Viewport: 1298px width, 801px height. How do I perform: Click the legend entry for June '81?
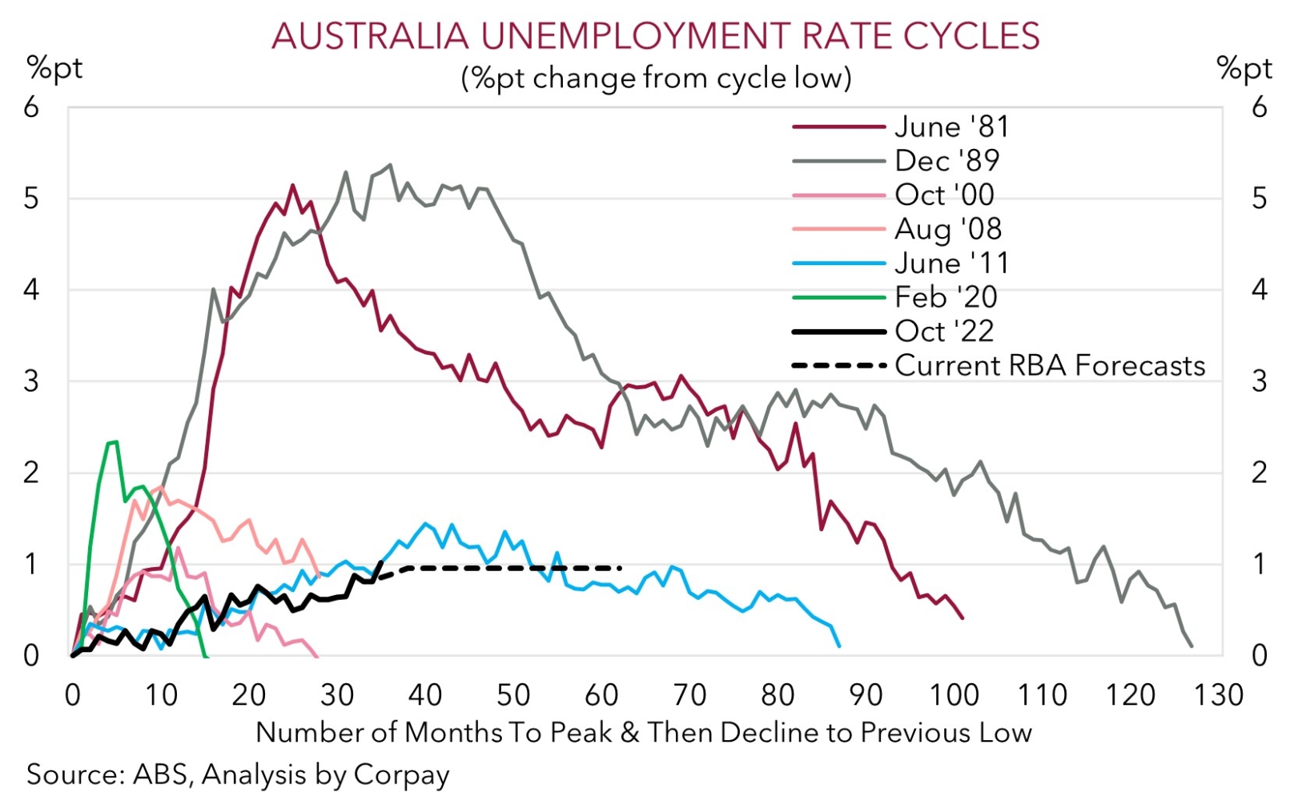coord(951,127)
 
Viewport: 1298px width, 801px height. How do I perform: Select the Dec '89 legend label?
coord(946,161)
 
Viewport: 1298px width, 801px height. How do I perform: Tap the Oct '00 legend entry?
coord(944,195)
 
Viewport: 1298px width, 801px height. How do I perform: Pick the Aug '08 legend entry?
coord(948,229)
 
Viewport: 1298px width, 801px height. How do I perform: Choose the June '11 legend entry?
coord(951,264)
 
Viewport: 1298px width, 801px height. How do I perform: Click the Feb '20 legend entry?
coord(946,297)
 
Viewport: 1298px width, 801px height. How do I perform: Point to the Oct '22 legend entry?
coord(944,332)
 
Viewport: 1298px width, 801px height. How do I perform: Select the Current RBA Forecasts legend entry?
coord(1049,365)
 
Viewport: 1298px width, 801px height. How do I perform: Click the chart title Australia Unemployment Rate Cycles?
coord(655,36)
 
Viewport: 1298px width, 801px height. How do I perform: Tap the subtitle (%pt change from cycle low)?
coord(655,78)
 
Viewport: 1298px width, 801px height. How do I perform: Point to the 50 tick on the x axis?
coord(513,694)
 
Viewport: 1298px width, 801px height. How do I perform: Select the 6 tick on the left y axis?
coord(31,107)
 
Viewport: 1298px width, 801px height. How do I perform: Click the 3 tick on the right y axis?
coord(1260,381)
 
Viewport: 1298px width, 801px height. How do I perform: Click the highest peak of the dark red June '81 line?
coord(292,186)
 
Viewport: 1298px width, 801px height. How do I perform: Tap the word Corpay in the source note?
coord(402,775)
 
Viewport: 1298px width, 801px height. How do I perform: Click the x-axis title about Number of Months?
coord(644,732)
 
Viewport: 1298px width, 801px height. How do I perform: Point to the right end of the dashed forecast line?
coord(621,568)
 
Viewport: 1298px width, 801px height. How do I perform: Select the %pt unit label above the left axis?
coord(54,69)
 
